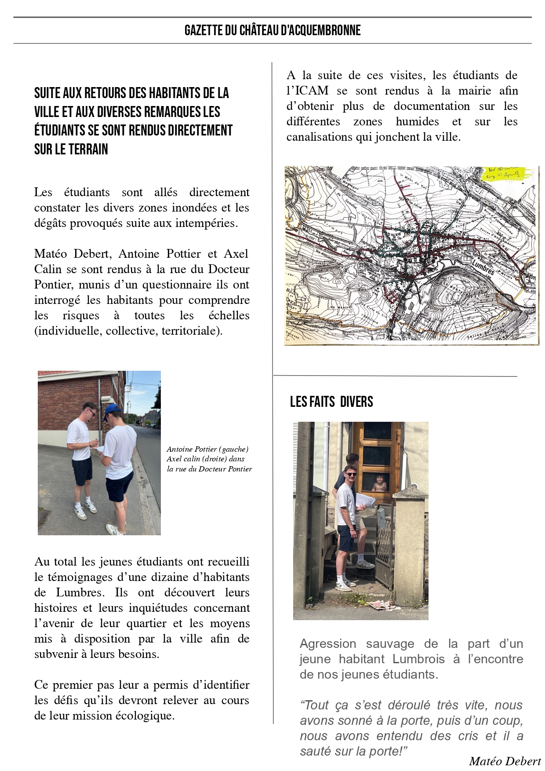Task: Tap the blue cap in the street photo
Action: click(x=113, y=411)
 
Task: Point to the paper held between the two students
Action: click(x=99, y=448)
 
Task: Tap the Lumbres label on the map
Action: click(x=483, y=267)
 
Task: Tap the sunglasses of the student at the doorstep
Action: click(x=351, y=474)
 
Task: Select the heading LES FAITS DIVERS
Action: click(x=331, y=402)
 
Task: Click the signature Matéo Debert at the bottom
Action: click(x=505, y=761)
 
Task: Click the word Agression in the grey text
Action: click(x=328, y=644)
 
